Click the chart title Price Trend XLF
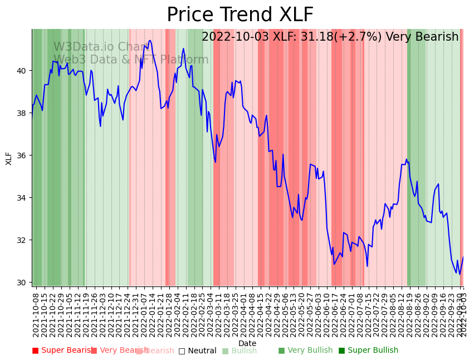[240, 15]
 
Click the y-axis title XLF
[9, 158]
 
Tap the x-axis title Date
[247, 343]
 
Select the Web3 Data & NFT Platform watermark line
[131, 60]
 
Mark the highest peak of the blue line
[150, 41]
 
